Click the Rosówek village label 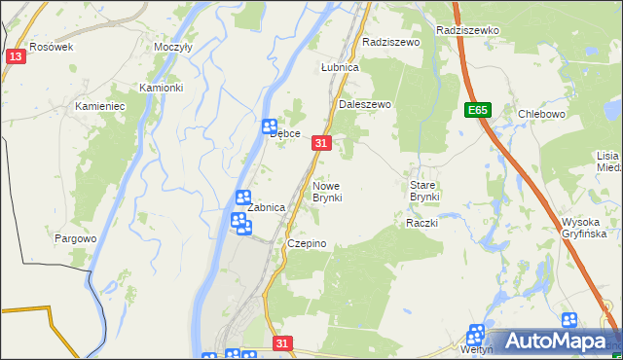click(x=51, y=47)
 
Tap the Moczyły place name click(x=173, y=47)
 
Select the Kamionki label click(x=161, y=88)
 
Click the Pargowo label click(x=76, y=238)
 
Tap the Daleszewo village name click(x=364, y=104)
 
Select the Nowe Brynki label click(x=327, y=191)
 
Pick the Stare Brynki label click(x=424, y=190)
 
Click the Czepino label click(x=306, y=243)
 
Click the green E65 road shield click(x=477, y=111)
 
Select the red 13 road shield click(x=15, y=57)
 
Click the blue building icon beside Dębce click(x=270, y=126)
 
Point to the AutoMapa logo click(x=555, y=341)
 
